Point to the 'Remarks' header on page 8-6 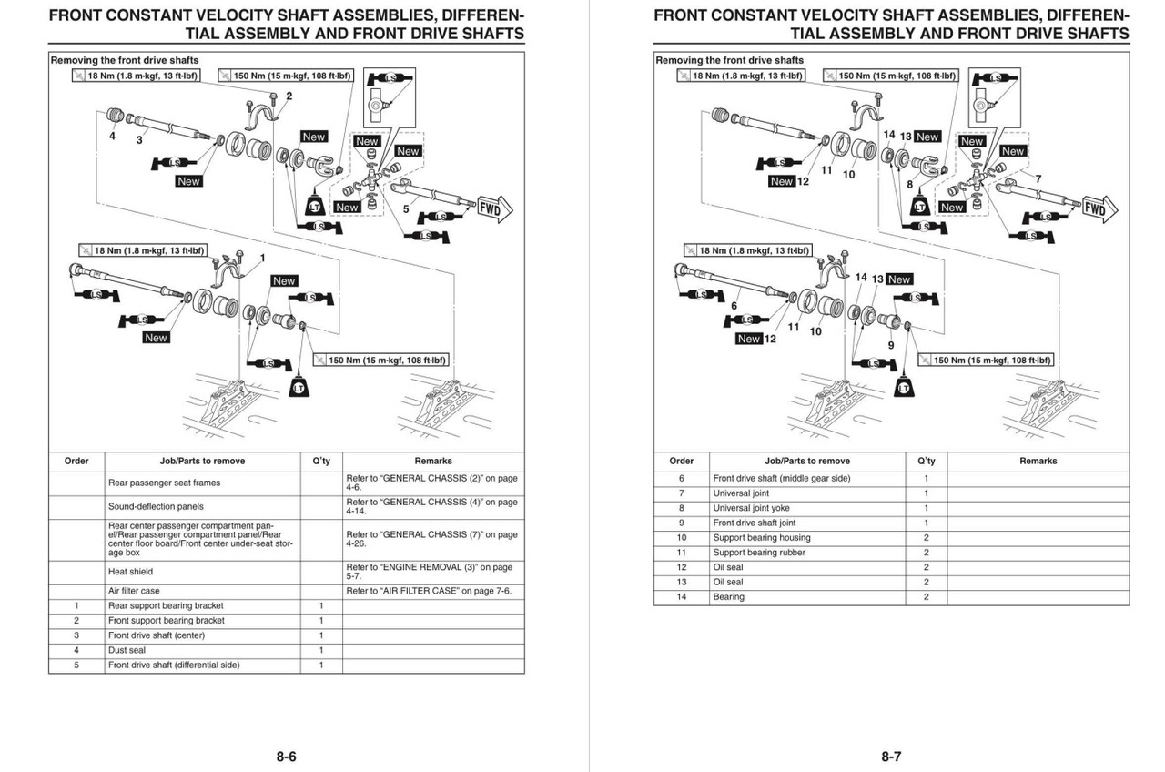click(x=433, y=461)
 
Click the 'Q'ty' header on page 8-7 click(x=926, y=461)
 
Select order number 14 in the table click(x=681, y=597)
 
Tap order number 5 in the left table click(x=76, y=665)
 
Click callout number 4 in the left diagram click(x=112, y=137)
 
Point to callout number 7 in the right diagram click(x=1038, y=178)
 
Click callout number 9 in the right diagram click(x=891, y=345)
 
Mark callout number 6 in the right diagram click(x=734, y=306)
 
